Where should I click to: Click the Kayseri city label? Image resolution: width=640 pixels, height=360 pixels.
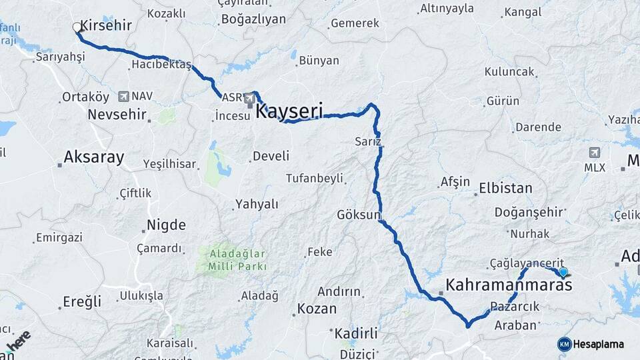click(x=289, y=111)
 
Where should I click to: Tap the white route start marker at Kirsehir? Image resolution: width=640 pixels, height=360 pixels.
click(x=77, y=27)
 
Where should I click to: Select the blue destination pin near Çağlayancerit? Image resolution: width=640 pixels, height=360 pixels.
click(x=564, y=271)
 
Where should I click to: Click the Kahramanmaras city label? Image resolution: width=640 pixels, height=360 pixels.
click(x=509, y=285)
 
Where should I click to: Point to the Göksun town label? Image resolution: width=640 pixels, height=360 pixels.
click(x=359, y=215)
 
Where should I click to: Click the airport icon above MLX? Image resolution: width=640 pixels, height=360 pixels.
click(x=595, y=153)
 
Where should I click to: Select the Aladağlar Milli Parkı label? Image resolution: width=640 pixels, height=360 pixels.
click(x=238, y=260)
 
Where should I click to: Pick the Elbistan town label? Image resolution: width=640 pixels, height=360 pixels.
click(x=505, y=189)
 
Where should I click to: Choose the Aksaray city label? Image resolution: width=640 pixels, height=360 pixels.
click(x=94, y=157)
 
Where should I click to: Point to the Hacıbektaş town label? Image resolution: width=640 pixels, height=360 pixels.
click(x=161, y=65)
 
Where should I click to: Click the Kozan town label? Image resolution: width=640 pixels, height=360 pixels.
click(x=317, y=309)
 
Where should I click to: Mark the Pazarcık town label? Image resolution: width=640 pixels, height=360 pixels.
click(x=514, y=307)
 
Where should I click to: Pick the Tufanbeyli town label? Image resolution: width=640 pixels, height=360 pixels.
click(x=314, y=178)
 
